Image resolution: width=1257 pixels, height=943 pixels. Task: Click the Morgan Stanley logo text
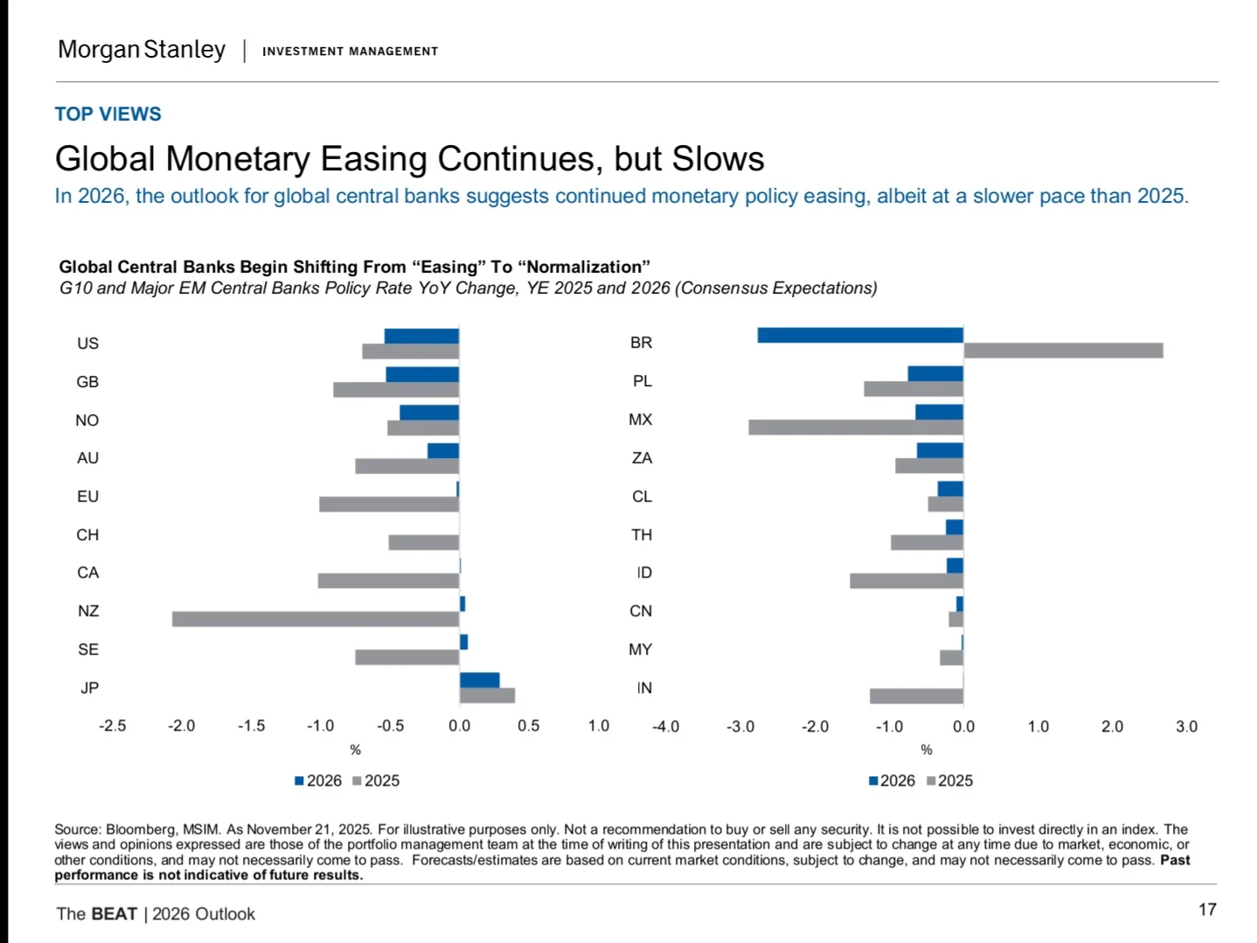click(x=142, y=50)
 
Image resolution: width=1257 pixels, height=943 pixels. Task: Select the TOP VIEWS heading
click(x=108, y=114)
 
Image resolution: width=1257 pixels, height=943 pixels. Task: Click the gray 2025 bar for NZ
click(x=315, y=619)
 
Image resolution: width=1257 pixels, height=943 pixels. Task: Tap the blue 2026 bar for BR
click(x=860, y=335)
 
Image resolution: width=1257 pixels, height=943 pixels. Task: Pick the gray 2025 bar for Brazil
click(x=1063, y=350)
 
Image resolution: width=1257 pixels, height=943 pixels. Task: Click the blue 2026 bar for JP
click(x=479, y=680)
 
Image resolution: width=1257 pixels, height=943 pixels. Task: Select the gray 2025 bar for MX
click(x=856, y=427)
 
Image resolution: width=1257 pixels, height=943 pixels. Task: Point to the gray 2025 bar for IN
click(x=916, y=696)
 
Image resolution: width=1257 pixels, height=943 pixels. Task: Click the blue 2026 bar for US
click(x=421, y=336)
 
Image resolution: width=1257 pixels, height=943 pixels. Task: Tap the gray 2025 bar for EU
click(x=389, y=504)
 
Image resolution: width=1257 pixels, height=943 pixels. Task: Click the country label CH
click(x=87, y=535)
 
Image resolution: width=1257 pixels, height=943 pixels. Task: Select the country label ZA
click(x=642, y=458)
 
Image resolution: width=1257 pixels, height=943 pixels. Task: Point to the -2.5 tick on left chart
click(x=112, y=726)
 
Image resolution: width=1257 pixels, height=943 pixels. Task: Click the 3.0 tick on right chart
click(x=1186, y=727)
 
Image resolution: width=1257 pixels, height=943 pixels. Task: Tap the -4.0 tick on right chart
click(x=665, y=727)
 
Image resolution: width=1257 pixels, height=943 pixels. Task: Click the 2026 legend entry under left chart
click(x=318, y=780)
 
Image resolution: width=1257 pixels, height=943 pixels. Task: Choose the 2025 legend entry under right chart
click(x=950, y=780)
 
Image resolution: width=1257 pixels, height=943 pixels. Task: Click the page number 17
click(x=1207, y=910)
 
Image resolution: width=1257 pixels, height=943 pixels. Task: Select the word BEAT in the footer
click(x=115, y=914)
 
